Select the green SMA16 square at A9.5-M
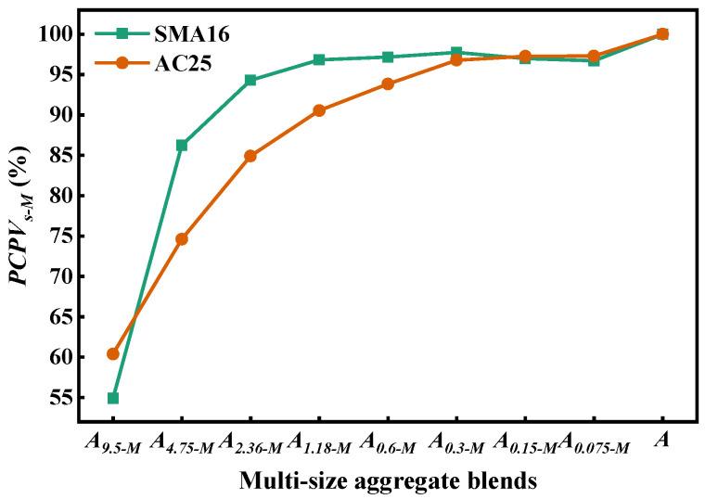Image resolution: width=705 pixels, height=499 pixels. tap(113, 398)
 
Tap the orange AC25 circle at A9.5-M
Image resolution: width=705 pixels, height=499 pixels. tap(113, 353)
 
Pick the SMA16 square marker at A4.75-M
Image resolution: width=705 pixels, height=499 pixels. tap(182, 145)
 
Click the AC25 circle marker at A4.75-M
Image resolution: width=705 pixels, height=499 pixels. tap(182, 238)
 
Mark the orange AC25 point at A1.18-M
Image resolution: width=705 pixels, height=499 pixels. tap(319, 110)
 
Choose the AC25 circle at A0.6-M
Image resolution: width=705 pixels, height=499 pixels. tap(388, 83)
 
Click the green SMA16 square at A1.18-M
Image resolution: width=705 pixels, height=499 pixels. tap(319, 59)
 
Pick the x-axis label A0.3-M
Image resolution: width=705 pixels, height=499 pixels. tap(456, 442)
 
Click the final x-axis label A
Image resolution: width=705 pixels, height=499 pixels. tap(662, 441)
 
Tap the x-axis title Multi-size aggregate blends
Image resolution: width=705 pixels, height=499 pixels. tap(388, 480)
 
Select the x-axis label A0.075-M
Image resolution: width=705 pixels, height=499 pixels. tap(594, 442)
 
